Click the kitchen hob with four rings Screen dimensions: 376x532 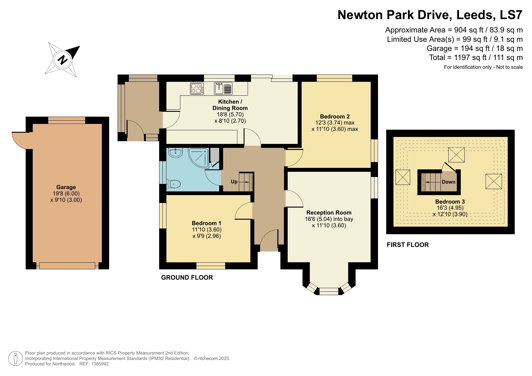197,88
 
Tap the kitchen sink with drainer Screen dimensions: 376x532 223,88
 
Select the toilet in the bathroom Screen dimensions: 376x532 174,184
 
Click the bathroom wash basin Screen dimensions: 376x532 175,153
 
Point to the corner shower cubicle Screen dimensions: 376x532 199,158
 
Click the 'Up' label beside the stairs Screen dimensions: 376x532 234,181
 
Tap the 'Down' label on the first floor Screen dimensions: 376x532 448,182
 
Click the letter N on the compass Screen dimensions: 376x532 63,60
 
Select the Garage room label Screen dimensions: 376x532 66,187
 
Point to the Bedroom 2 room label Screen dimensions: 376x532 335,116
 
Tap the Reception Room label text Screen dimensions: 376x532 329,213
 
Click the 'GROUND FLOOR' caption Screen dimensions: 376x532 187,278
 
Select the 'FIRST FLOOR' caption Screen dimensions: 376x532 408,245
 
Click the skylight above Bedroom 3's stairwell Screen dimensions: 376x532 456,155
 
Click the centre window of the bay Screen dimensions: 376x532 329,291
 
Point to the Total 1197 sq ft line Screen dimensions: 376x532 476,58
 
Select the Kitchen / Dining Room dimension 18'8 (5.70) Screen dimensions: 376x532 230,115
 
